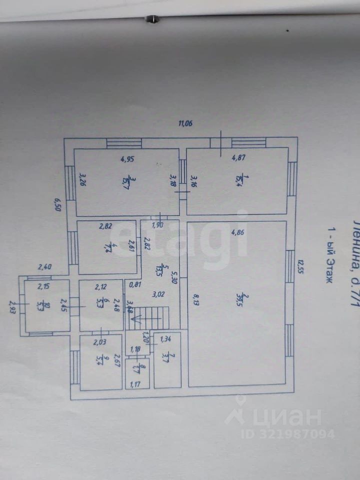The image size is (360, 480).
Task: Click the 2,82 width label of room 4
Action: click(x=105, y=226)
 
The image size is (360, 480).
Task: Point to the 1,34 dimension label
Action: click(x=165, y=340)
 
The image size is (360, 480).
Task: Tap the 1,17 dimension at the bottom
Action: click(x=135, y=383)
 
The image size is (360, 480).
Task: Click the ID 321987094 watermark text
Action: click(x=287, y=433)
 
